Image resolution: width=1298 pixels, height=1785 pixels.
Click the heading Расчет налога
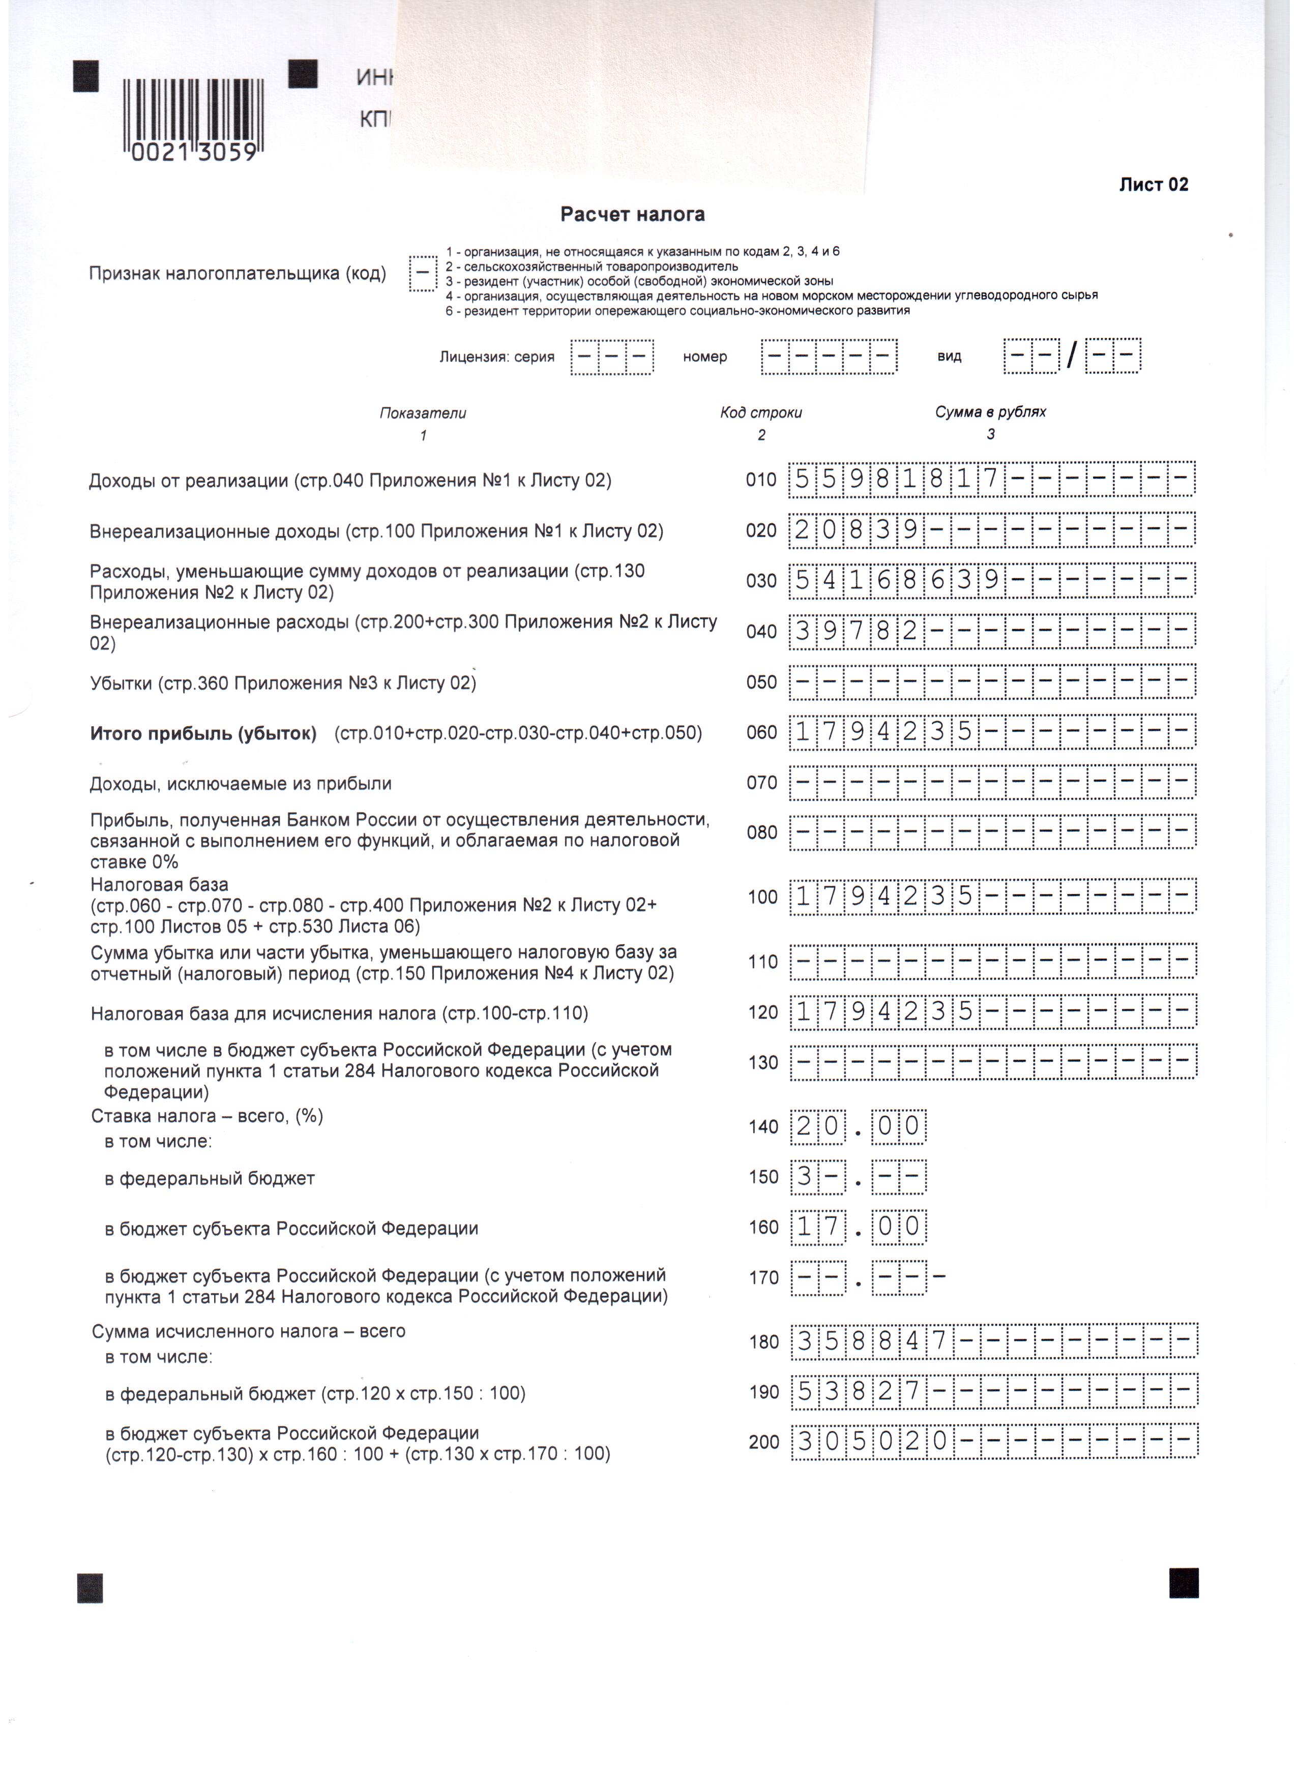pos(632,214)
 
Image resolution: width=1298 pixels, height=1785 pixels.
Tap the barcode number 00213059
pos(194,153)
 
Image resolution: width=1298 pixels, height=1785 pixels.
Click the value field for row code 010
pos(992,479)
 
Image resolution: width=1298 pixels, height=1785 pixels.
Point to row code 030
pos(761,581)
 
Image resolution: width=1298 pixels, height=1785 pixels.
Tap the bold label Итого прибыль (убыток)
pos(203,733)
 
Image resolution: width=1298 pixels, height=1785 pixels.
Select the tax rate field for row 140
pos(858,1126)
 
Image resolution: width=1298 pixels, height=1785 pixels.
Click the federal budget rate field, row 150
pos(858,1177)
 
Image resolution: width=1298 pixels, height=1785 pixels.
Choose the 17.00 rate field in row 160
pos(858,1227)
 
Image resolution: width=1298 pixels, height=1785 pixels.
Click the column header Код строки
pos(760,412)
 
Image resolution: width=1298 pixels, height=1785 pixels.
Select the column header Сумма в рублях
pos(990,411)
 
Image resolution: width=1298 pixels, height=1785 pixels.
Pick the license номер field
pos(829,356)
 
